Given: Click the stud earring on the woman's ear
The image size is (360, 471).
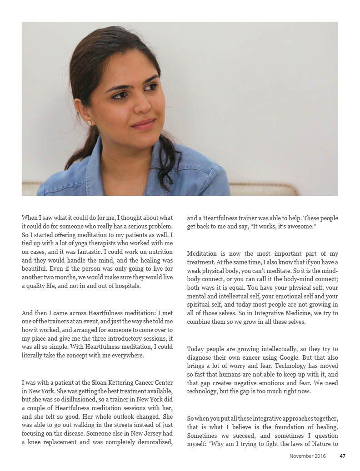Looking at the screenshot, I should pos(90,123).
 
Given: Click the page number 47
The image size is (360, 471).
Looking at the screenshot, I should pos(343,456).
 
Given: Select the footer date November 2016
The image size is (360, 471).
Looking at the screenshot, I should pos(308,456).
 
